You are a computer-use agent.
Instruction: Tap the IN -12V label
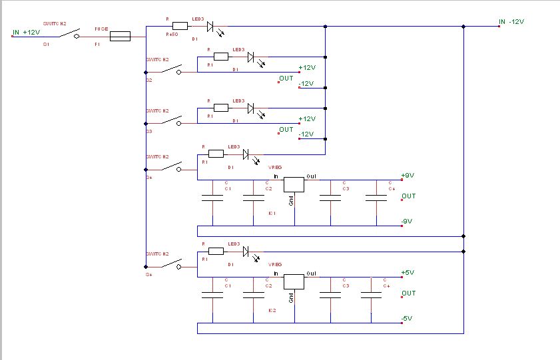click(512, 22)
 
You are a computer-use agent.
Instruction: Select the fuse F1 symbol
click(119, 37)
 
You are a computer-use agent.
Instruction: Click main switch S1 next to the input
click(67, 35)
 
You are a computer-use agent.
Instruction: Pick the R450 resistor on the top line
click(179, 27)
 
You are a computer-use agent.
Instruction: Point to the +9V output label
click(408, 176)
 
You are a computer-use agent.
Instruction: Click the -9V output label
click(408, 222)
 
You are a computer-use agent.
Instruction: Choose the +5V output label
click(408, 273)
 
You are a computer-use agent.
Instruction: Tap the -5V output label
click(408, 319)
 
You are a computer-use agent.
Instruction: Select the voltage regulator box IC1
click(294, 185)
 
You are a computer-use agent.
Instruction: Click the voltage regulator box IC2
click(294, 281)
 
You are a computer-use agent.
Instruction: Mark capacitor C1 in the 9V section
click(212, 197)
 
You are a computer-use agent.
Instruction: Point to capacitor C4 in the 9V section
click(376, 197)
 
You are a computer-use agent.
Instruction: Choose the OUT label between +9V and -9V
click(408, 196)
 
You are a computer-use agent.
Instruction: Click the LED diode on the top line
click(210, 27)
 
